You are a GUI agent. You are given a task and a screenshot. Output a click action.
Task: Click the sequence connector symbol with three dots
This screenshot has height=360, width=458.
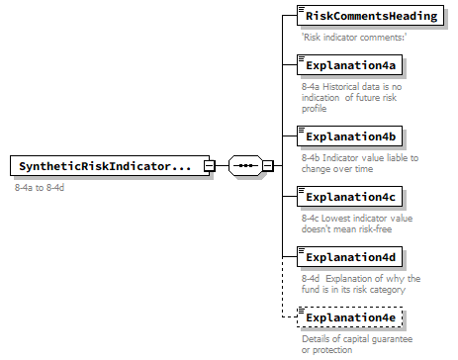(244, 166)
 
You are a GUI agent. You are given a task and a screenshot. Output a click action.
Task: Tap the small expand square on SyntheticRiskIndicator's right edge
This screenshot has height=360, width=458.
(209, 166)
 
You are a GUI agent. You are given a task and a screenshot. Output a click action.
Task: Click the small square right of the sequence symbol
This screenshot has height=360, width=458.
(267, 166)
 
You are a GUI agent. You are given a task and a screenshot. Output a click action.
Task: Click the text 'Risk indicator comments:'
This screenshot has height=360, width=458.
(354, 38)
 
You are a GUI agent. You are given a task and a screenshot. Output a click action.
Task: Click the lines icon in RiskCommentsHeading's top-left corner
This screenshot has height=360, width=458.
(302, 10)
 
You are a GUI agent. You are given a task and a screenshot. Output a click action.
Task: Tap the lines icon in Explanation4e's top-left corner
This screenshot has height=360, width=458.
(302, 312)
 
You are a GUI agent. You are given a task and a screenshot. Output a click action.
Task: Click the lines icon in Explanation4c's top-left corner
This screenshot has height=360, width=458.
(302, 190)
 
